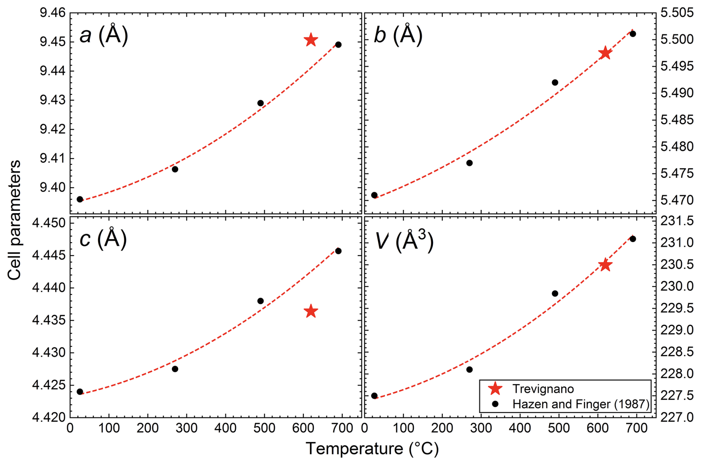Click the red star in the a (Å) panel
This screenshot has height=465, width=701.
click(x=311, y=40)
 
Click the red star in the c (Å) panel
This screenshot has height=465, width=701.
click(x=311, y=311)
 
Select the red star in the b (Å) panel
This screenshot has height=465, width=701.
click(x=605, y=53)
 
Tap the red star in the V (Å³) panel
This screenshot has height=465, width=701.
click(x=605, y=265)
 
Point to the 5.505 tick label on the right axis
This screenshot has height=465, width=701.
click(x=677, y=13)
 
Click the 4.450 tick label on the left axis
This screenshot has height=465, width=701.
click(x=49, y=223)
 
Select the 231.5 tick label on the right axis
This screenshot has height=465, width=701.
click(x=677, y=221)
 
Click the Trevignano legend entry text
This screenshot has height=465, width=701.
click(x=543, y=389)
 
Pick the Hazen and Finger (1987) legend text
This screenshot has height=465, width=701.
click(x=581, y=404)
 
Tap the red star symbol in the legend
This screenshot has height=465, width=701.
click(x=495, y=389)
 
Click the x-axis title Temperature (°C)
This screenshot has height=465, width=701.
click(x=372, y=449)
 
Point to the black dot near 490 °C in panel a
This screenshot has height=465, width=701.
click(x=260, y=103)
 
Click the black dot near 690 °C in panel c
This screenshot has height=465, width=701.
click(x=338, y=251)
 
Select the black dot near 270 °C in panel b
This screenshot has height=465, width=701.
click(x=469, y=163)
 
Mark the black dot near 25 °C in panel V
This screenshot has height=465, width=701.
click(x=374, y=396)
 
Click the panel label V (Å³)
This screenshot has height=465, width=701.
click(x=404, y=241)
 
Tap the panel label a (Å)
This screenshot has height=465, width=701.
click(x=104, y=35)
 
